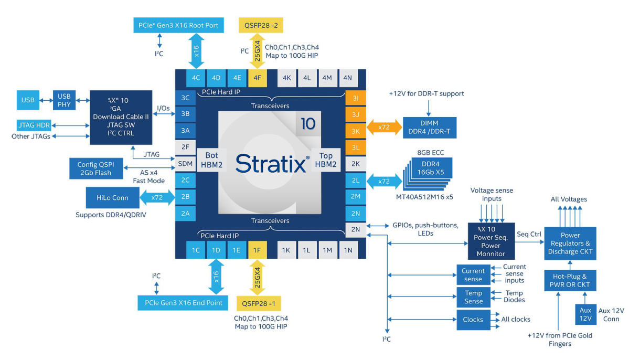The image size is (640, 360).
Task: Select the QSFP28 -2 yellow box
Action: pyautogui.click(x=260, y=25)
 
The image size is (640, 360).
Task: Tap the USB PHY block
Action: pyautogui.click(x=64, y=100)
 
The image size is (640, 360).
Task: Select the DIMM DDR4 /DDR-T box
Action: pyautogui.click(x=429, y=128)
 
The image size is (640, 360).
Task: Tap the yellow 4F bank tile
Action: pyautogui.click(x=257, y=78)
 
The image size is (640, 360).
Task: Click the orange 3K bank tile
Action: pyautogui.click(x=356, y=130)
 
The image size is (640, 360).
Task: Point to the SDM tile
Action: pyautogui.click(x=185, y=163)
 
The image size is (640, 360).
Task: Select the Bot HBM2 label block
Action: pyautogui.click(x=211, y=160)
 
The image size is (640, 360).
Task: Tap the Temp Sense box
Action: pyautogui.click(x=473, y=297)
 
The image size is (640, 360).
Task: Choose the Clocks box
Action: pyautogui.click(x=473, y=320)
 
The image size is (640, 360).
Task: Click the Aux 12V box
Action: pyautogui.click(x=585, y=314)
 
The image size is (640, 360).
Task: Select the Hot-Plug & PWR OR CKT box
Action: pyautogui.click(x=570, y=280)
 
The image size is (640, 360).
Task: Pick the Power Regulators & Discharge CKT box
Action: pyautogui.click(x=570, y=243)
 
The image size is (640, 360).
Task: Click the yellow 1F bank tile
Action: pyautogui.click(x=257, y=250)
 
